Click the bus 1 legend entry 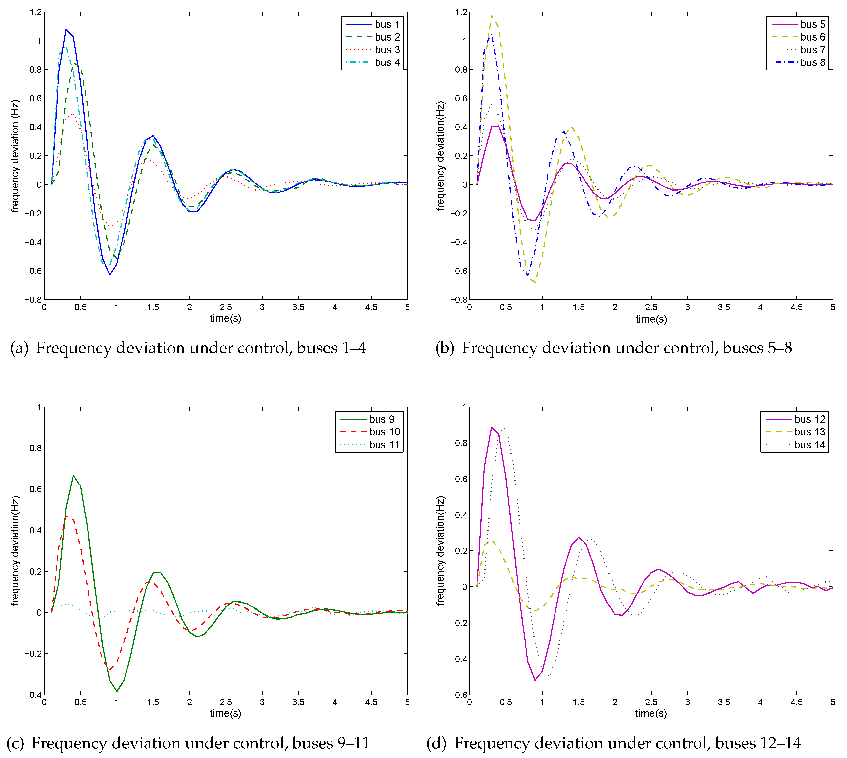(x=387, y=24)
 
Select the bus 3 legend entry (x=387, y=50)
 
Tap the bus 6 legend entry (x=813, y=37)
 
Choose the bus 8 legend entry (x=813, y=62)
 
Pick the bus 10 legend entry (x=384, y=432)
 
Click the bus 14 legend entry (x=810, y=445)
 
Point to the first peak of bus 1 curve (x=66, y=30)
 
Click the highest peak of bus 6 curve (x=492, y=16)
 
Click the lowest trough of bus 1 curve (x=110, y=274)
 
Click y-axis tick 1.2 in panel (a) (x=36, y=12)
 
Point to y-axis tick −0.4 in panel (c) (x=33, y=695)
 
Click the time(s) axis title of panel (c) (x=225, y=713)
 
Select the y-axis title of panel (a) (x=15, y=156)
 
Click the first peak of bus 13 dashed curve (x=492, y=541)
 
